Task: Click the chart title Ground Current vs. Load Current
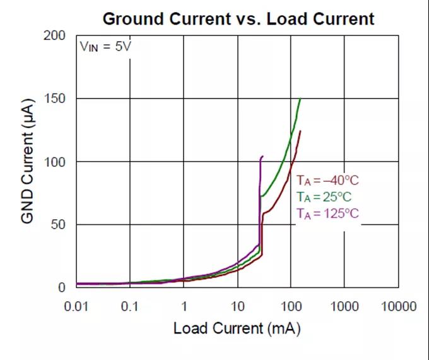pos(238,19)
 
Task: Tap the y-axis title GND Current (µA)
pos(28,161)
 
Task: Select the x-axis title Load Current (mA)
pos(237,328)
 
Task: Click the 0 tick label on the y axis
pos(62,287)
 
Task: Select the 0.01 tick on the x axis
pos(76,306)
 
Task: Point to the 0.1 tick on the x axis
pos(130,306)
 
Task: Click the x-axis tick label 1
pos(184,306)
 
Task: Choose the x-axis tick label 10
pos(237,306)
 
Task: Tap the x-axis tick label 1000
pos(344,306)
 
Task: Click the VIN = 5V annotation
pos(105,47)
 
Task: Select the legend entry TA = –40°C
pos(327,180)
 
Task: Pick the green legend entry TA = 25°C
pos(325,196)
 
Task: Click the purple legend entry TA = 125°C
pos(327,213)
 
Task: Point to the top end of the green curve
pos(300,99)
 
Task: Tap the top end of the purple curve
pos(262,156)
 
